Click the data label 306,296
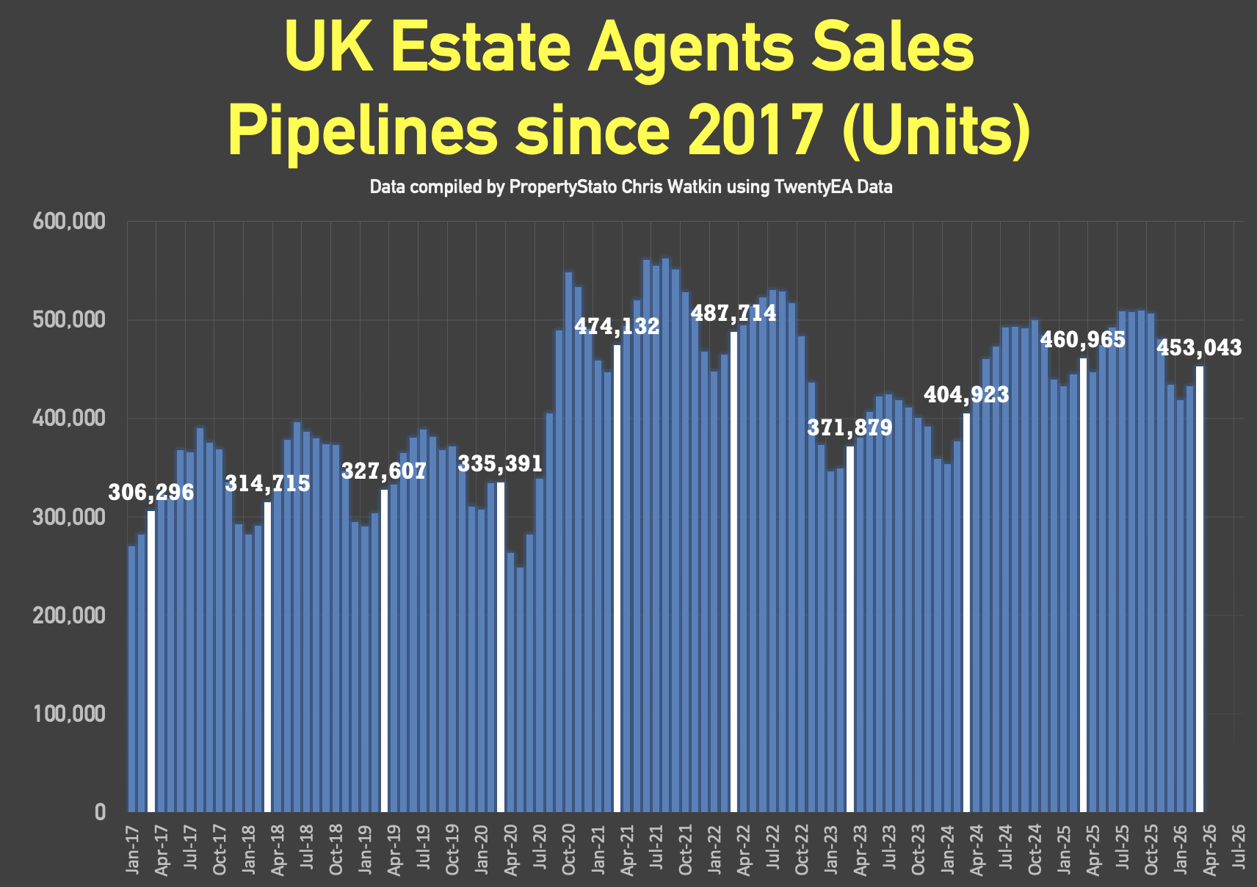pos(151,492)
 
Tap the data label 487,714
pos(733,314)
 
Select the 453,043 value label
pos(1200,347)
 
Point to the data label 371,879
pos(850,427)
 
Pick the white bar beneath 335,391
pos(501,646)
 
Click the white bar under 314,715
pos(267,656)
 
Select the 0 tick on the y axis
pos(100,812)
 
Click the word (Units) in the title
pos(936,130)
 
